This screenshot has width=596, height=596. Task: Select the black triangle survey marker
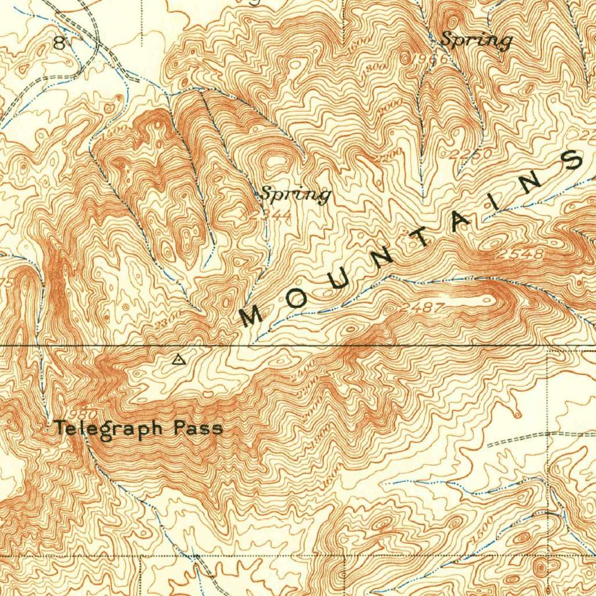tap(179, 360)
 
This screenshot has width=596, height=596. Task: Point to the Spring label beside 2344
tap(295, 194)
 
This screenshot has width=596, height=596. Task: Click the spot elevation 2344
tap(269, 215)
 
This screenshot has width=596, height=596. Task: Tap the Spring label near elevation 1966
tap(476, 41)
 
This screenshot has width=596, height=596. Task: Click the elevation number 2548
tap(522, 254)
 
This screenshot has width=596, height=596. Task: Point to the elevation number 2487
tap(427, 307)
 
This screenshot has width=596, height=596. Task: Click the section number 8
tap(59, 42)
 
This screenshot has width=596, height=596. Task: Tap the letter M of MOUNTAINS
tap(252, 317)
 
